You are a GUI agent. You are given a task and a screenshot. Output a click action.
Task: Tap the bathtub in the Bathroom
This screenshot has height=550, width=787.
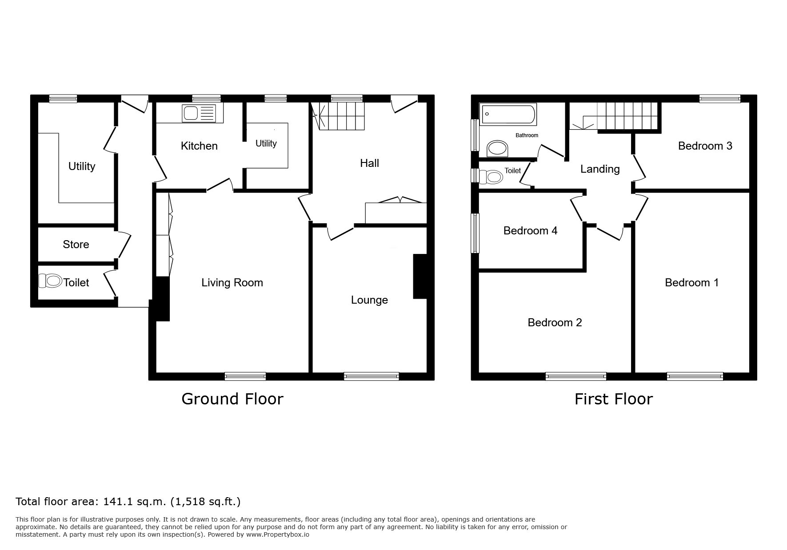click(507, 115)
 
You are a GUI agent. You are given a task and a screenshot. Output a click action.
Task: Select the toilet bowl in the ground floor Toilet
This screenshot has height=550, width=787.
click(50, 281)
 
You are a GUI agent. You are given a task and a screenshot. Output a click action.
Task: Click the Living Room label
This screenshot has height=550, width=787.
click(232, 283)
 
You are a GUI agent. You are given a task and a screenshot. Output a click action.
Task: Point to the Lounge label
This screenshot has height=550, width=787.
click(369, 300)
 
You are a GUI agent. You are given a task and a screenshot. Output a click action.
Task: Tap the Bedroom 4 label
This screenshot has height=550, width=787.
click(530, 231)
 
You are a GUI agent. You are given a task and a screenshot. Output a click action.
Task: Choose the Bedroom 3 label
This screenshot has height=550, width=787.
click(705, 146)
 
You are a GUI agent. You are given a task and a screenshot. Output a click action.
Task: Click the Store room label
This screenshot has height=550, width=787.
click(76, 245)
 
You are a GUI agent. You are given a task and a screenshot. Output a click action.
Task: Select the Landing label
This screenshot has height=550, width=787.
click(600, 169)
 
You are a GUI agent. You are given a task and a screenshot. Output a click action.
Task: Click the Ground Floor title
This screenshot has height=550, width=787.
click(232, 399)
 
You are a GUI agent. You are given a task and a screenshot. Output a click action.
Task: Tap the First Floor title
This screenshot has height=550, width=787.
click(614, 399)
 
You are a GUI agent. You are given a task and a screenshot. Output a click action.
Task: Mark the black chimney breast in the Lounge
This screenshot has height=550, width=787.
click(420, 276)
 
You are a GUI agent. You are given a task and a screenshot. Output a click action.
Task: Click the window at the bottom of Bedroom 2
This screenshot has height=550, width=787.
click(576, 376)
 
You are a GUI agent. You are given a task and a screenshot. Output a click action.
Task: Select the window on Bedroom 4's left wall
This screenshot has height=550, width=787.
click(475, 233)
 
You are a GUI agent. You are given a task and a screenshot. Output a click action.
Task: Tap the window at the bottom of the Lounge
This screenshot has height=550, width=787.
click(372, 376)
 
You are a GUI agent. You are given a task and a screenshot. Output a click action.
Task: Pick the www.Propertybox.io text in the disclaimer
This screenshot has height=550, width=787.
click(278, 535)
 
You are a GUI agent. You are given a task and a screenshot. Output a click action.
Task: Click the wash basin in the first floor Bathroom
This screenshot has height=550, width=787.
click(498, 149)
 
